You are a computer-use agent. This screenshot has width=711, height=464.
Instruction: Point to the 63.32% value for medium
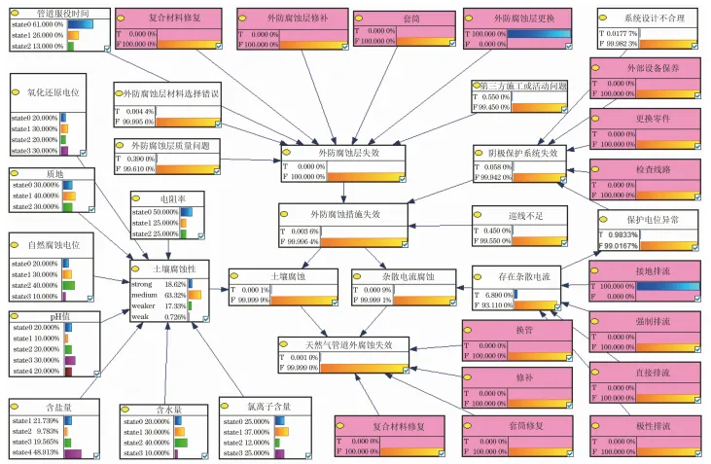(174, 294)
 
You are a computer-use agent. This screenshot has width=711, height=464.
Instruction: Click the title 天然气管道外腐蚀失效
(336, 344)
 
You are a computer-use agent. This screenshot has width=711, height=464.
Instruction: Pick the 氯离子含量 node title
(268, 406)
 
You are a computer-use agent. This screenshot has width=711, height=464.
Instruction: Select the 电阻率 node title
(172, 198)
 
